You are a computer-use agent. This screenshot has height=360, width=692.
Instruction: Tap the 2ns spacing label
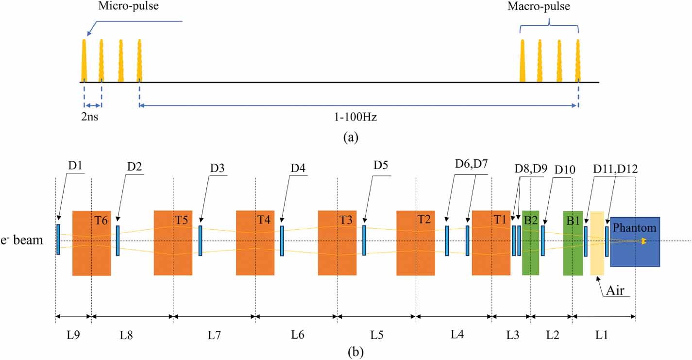tap(90, 117)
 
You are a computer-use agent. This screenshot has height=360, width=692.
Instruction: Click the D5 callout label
tap(381, 166)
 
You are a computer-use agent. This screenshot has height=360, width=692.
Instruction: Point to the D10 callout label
tap(565, 170)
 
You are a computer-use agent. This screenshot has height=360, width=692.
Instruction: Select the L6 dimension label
tap(298, 336)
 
